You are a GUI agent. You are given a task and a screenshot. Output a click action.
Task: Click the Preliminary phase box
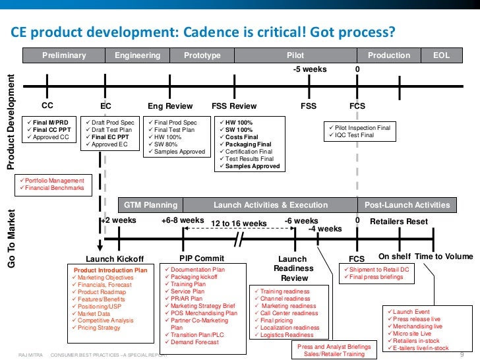pos(64,55)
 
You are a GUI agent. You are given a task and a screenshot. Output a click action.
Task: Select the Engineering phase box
pos(137,55)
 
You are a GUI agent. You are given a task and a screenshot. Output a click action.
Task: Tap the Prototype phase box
pos(202,55)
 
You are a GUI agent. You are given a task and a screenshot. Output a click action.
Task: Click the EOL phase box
pos(441,55)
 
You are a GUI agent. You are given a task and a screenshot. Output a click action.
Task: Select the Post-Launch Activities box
pos(407,205)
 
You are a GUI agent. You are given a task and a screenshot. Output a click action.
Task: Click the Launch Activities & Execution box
pos(270,205)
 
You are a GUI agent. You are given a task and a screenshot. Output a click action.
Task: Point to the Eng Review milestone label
pos(170,106)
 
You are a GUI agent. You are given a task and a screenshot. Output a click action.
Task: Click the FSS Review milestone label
pos(234,106)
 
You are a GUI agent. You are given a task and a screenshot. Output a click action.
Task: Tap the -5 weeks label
pos(309,69)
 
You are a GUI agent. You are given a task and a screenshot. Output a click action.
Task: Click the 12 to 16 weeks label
pos(239,224)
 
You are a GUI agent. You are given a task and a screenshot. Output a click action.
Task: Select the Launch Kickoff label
pos(115,258)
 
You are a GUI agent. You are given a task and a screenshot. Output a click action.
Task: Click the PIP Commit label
pos(202,258)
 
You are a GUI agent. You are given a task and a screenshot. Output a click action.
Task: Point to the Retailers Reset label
pos(399,222)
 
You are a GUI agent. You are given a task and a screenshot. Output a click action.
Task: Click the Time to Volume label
pos(444,256)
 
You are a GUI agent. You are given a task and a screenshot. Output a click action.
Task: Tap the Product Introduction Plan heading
pos(110,270)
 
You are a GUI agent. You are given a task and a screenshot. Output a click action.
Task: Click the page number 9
pos(462,354)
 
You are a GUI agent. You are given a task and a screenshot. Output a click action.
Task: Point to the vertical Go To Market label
pos(11,239)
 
